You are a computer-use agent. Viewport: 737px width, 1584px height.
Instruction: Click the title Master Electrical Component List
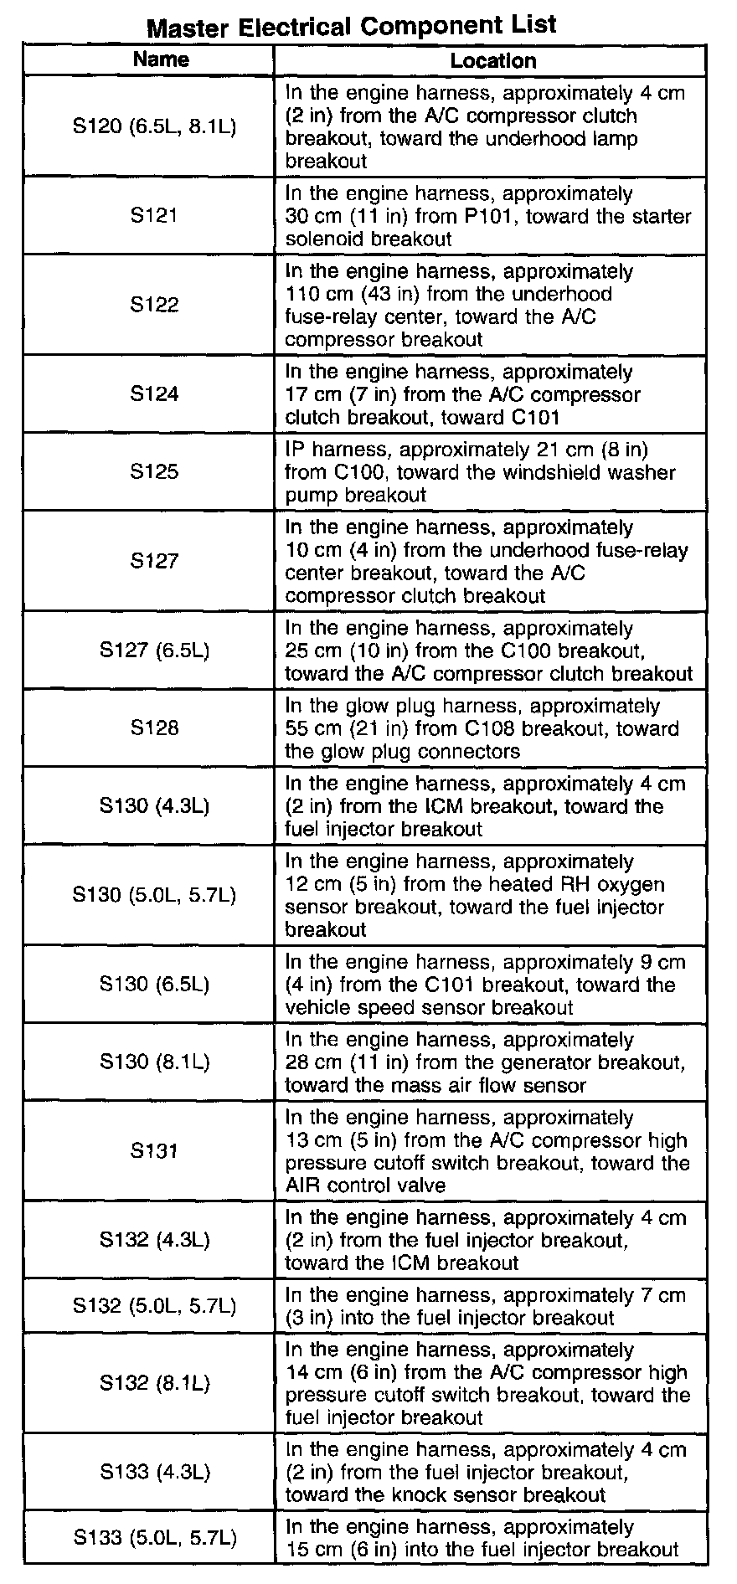[351, 26]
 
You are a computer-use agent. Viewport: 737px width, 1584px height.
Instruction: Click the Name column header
[161, 59]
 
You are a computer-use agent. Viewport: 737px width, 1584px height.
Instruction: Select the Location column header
[492, 60]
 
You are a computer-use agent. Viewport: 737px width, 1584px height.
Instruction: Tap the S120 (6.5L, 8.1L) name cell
[154, 126]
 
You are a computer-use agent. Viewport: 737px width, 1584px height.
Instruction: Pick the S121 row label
[154, 216]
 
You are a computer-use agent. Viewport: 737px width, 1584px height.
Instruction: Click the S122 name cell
[154, 305]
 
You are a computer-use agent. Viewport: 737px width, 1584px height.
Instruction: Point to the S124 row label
[154, 393]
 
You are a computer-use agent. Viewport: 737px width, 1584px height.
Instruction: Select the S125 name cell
[154, 471]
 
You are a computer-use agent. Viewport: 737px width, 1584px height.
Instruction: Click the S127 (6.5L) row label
[154, 651]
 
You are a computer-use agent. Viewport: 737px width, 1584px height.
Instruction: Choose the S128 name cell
[154, 728]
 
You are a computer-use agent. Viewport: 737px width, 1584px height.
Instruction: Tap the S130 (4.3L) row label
[154, 805]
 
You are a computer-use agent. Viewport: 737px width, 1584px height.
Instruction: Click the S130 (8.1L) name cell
[154, 1062]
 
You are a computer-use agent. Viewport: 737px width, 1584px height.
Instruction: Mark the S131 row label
[154, 1150]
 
